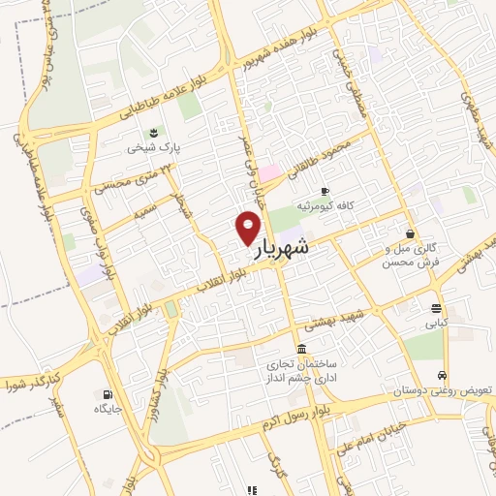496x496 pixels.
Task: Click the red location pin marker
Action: click(248, 229)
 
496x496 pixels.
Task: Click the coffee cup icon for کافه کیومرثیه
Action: click(325, 190)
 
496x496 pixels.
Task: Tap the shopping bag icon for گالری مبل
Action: click(412, 234)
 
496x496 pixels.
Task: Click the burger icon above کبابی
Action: click(435, 309)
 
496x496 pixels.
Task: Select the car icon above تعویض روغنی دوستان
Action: click(442, 375)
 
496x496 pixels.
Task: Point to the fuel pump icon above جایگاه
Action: click(106, 393)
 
